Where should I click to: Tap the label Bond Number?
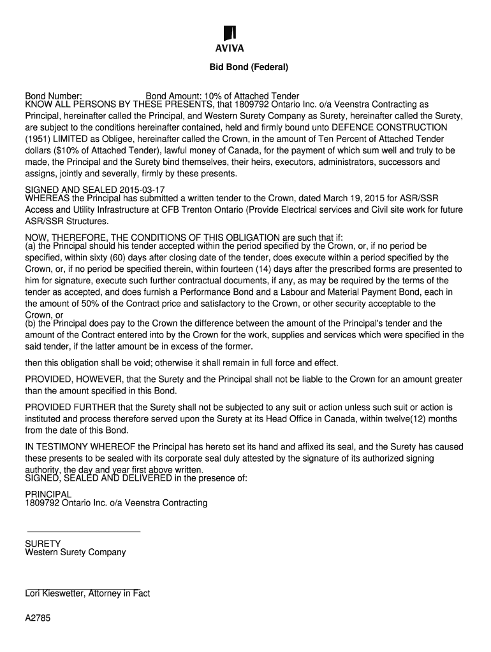point(54,96)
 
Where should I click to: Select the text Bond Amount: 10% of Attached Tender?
point(223,96)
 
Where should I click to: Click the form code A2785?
point(38,618)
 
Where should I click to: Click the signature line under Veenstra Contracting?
point(82,531)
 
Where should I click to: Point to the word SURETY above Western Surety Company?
point(43,544)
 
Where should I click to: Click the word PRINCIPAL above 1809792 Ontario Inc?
point(48,494)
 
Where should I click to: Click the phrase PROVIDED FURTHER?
point(68,407)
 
